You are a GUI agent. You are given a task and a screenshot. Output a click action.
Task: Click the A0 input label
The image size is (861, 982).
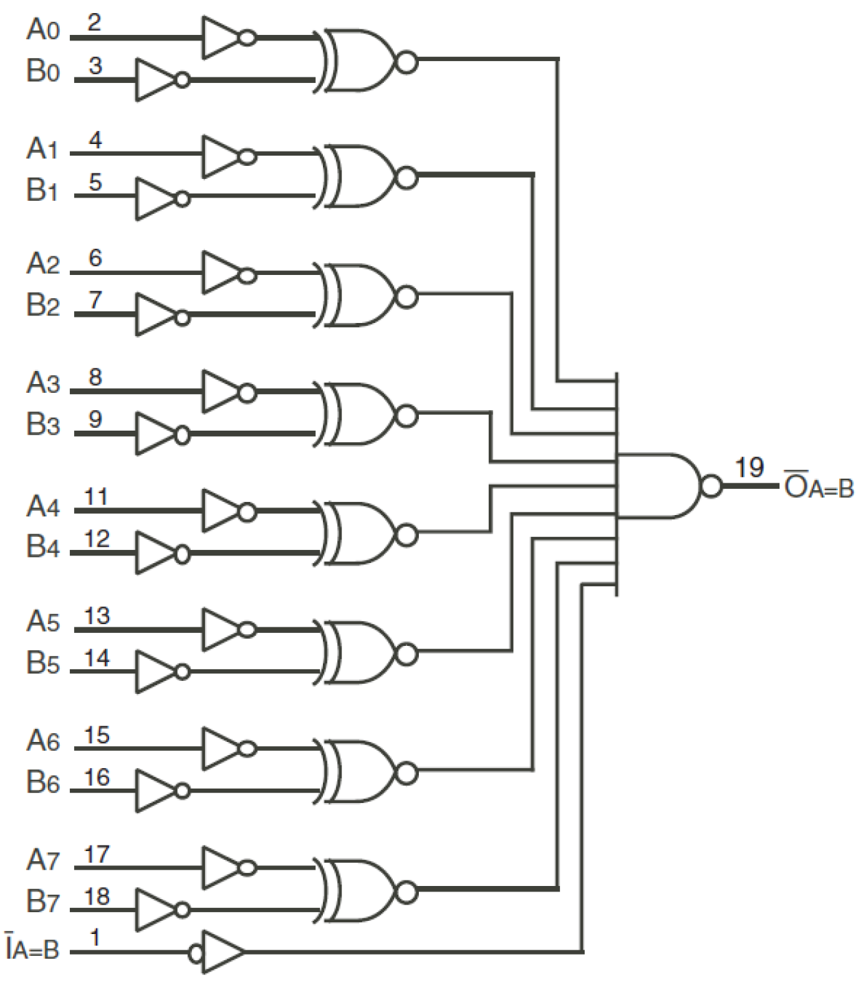[x=43, y=29]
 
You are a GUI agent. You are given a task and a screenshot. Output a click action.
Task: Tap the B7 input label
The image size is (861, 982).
[x=43, y=901]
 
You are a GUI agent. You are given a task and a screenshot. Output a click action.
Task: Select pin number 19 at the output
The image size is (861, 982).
[x=749, y=468]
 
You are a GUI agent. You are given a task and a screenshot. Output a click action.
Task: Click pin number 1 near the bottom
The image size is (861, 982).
[x=95, y=937]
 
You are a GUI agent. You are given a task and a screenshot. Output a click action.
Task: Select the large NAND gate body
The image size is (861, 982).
[x=658, y=486]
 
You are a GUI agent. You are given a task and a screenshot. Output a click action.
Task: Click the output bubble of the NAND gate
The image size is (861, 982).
[x=712, y=486]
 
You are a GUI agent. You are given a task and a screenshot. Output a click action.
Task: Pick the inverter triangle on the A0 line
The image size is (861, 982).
[x=219, y=37]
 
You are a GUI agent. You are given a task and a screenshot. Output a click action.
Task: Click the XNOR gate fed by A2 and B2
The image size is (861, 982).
[x=360, y=296]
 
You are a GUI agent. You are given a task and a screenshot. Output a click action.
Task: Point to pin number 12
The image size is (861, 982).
[x=97, y=539]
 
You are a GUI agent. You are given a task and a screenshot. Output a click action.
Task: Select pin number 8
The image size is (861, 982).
[x=95, y=376]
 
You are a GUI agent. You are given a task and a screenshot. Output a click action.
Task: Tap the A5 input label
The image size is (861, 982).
[x=43, y=621]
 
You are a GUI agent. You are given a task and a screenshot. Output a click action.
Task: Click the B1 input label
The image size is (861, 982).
[x=43, y=190]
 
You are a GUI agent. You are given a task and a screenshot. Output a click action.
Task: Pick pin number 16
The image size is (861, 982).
[x=97, y=778]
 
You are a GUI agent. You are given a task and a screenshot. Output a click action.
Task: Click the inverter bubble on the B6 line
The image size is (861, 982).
[x=182, y=791]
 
